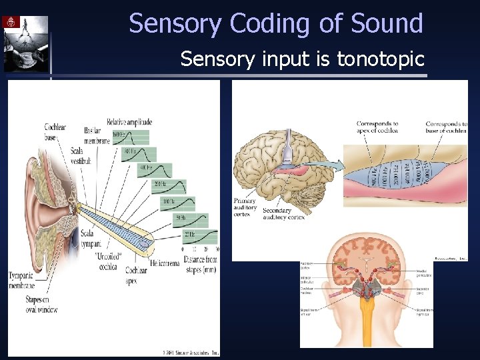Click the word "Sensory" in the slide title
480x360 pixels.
(x=176, y=24)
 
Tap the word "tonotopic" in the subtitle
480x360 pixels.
(x=381, y=59)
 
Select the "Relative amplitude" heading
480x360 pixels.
(x=129, y=122)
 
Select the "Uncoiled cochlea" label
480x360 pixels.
(x=109, y=259)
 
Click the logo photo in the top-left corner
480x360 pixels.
(x=25, y=43)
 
